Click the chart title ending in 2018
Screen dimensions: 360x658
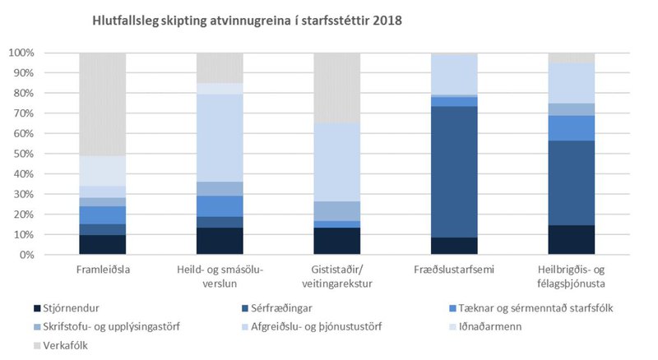(246, 21)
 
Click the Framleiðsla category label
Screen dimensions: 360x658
(102, 270)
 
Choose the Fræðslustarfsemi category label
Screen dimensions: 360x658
(454, 270)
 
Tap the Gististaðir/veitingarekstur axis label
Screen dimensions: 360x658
(337, 275)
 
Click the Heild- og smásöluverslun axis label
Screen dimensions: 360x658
(220, 275)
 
